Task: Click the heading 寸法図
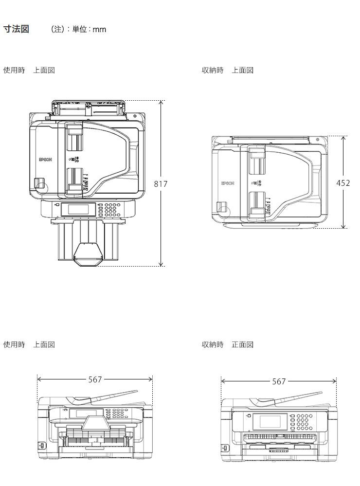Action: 16,29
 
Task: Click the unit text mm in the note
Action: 99,30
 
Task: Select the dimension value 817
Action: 161,184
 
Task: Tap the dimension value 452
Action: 343,183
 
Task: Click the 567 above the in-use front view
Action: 95,379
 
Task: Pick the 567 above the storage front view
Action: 279,381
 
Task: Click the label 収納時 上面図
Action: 228,71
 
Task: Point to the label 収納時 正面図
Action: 228,344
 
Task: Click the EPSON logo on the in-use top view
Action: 45,159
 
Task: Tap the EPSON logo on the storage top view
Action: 228,183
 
